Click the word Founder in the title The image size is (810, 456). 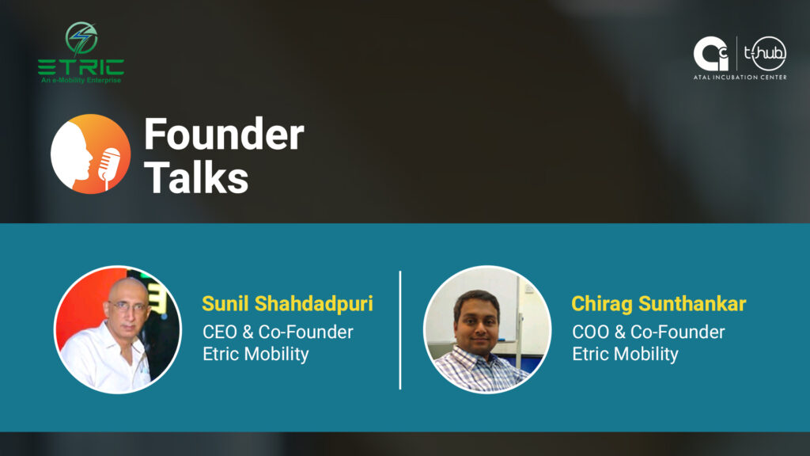(x=224, y=134)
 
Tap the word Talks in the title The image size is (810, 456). (x=196, y=177)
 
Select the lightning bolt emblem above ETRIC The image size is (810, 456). (x=81, y=38)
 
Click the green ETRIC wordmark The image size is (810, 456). (x=81, y=67)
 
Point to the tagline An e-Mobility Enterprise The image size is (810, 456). (x=81, y=80)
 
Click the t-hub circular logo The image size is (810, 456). (x=765, y=53)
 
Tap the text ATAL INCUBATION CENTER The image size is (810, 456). (x=740, y=78)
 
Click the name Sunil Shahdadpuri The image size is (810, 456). (x=287, y=303)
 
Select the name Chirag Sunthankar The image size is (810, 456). (x=659, y=303)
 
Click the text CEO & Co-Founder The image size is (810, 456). (x=278, y=332)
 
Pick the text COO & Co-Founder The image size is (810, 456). (x=649, y=332)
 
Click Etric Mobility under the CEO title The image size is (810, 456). (x=255, y=354)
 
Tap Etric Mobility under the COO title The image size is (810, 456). (x=625, y=354)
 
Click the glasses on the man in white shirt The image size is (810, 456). (x=127, y=306)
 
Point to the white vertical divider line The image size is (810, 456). (x=400, y=330)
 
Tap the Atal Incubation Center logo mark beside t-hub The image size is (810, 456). (x=710, y=53)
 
